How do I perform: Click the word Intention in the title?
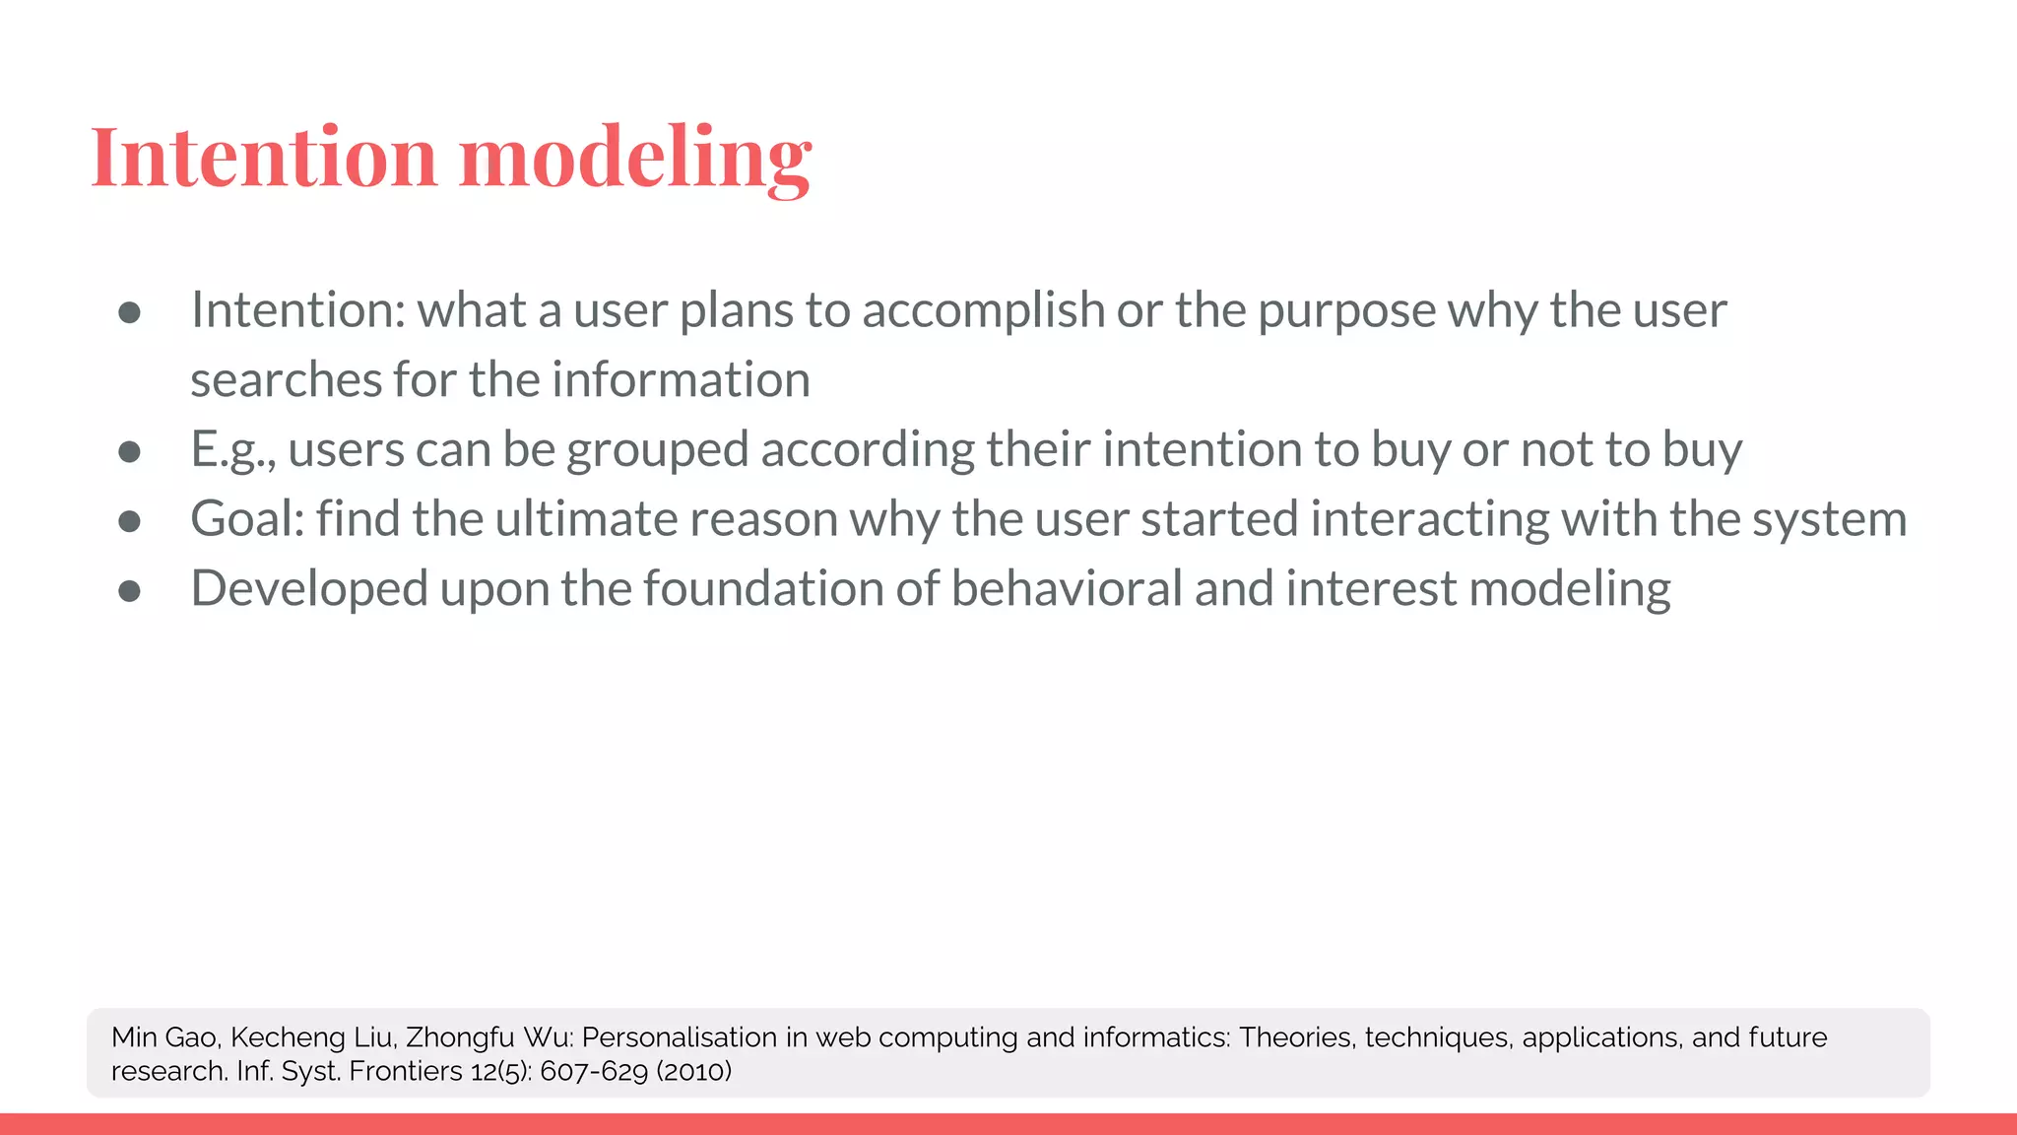263,158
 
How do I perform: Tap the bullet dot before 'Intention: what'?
129,313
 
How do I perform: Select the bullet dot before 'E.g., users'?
129,452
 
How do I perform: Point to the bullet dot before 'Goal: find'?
129,521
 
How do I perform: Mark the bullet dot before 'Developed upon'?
129,591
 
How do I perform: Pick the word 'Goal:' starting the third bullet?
247,519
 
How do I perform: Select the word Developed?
309,590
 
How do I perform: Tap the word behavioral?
1066,589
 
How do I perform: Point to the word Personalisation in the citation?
680,1037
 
